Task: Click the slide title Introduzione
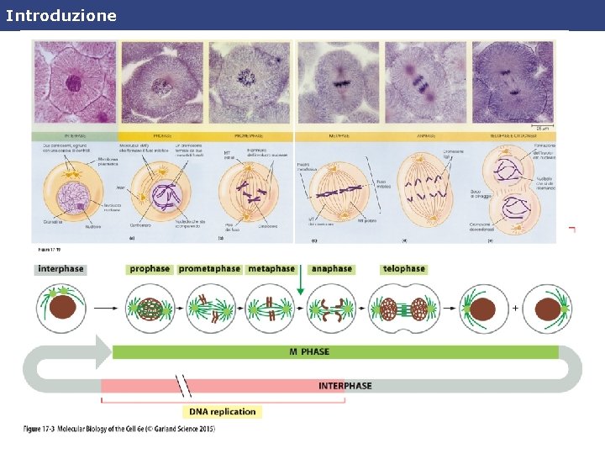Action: pos(60,15)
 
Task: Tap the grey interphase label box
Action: pos(60,269)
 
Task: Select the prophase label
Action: pos(150,269)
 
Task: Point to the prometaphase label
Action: pos(209,269)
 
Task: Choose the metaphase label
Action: pos(271,269)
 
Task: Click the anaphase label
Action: pos(331,269)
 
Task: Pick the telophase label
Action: pos(403,269)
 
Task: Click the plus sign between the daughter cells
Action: pos(514,309)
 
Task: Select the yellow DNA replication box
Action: pos(222,412)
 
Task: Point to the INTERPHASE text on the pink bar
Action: pos(345,386)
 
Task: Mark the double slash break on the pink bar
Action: pos(183,386)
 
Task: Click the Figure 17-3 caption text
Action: pos(118,430)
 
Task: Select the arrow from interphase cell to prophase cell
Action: pos(104,309)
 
